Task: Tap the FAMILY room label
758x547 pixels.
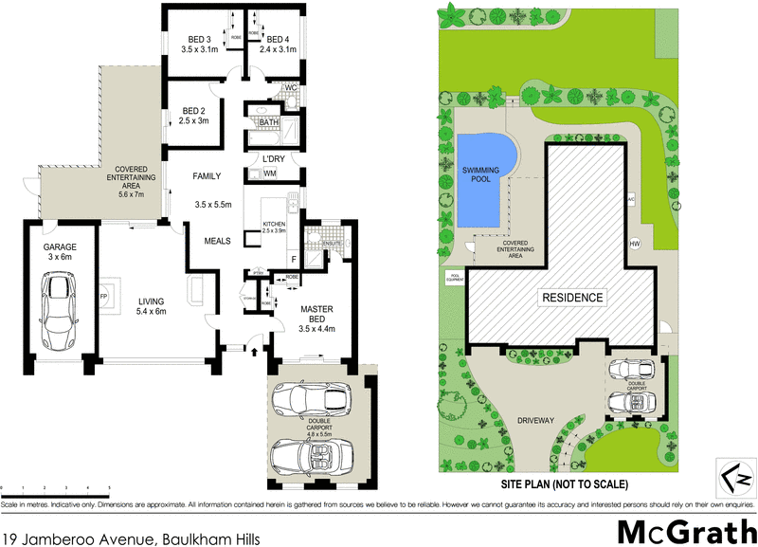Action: [x=207, y=176]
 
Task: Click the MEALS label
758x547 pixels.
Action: [x=218, y=241]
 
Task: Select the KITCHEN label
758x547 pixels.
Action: [x=273, y=225]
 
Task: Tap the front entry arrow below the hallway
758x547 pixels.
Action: [x=254, y=351]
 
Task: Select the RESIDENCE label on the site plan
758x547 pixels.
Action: [x=572, y=298]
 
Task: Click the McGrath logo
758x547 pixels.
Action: [x=682, y=528]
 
